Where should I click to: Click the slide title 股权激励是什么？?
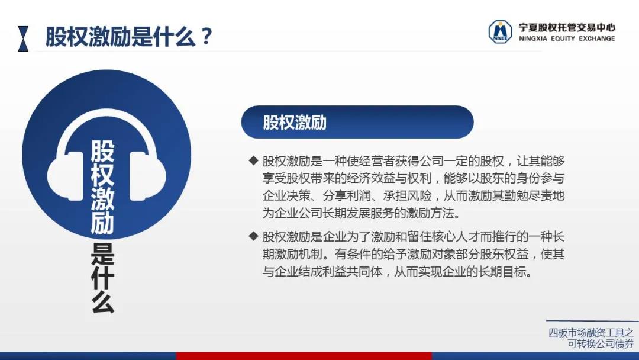(x=129, y=37)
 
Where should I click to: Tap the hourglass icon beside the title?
(x=23, y=38)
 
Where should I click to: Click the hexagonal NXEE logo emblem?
(x=500, y=32)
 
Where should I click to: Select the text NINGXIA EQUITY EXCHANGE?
(x=567, y=38)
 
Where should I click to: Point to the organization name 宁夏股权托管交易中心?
(x=567, y=27)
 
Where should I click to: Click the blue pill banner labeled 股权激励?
(x=357, y=122)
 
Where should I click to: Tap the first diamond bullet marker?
(x=253, y=160)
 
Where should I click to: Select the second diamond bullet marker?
(x=253, y=236)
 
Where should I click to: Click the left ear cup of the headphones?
(x=65, y=176)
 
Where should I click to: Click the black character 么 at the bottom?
(x=103, y=302)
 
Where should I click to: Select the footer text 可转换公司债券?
(x=601, y=344)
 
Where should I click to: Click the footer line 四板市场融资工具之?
(x=591, y=333)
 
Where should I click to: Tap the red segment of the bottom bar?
(x=304, y=356)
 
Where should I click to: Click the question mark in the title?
(x=206, y=37)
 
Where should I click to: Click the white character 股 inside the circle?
(x=103, y=152)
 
